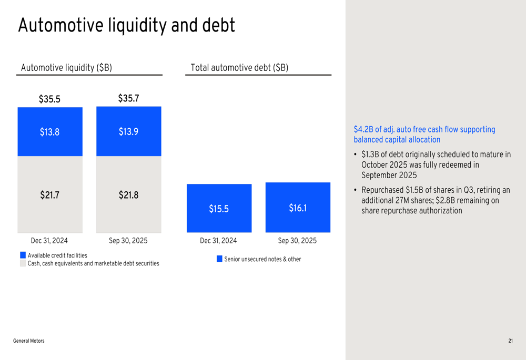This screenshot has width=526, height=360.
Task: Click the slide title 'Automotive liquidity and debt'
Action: [x=126, y=26]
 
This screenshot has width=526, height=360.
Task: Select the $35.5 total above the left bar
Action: [x=49, y=99]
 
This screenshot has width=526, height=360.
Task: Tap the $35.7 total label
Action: [x=128, y=98]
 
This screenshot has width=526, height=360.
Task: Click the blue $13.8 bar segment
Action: [x=50, y=132]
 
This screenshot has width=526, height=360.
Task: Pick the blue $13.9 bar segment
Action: [x=128, y=131]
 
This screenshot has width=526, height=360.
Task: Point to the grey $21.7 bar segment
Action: [x=50, y=195]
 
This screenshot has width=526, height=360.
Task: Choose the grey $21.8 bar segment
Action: [x=128, y=195]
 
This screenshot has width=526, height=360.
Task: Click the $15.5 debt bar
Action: [x=219, y=209]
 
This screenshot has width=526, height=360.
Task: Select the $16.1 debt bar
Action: [x=298, y=208]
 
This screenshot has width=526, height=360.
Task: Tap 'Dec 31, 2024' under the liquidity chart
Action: [x=49, y=241]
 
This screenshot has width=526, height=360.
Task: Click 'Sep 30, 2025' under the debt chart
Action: [x=297, y=241]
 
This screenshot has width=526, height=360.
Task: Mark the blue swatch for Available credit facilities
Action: [x=23, y=255]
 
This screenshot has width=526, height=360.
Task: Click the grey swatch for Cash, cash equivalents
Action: [x=23, y=263]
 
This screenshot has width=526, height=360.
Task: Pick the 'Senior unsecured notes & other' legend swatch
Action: [x=219, y=259]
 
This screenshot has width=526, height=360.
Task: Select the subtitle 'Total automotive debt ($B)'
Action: [x=239, y=68]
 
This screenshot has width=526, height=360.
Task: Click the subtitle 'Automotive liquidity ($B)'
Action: [x=66, y=68]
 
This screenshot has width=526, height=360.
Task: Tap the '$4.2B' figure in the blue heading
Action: [x=363, y=129]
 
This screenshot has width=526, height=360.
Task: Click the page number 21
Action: [x=510, y=341]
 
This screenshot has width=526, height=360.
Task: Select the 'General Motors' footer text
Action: [x=29, y=341]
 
